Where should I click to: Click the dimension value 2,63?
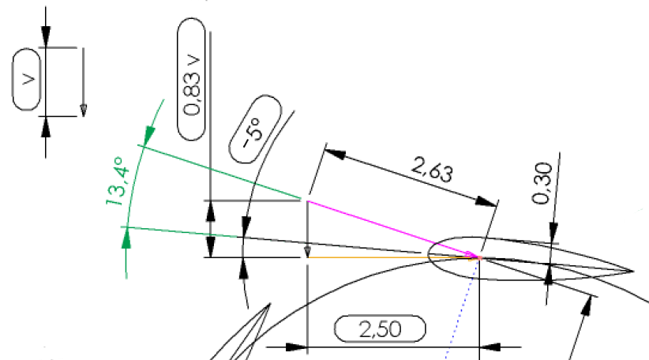[x=432, y=170]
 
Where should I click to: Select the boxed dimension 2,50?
[x=380, y=329]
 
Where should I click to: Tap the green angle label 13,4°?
[x=117, y=181]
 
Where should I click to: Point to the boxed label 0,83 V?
[x=192, y=79]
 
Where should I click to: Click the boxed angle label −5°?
[x=255, y=129]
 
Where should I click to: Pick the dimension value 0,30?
[x=542, y=183]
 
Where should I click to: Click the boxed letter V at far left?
[x=27, y=79]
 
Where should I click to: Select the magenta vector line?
[x=392, y=229]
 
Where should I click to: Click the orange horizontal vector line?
[x=392, y=258]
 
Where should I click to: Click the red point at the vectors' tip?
[x=480, y=258]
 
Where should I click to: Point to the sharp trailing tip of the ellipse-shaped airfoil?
[x=634, y=272]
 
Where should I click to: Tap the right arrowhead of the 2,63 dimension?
[x=486, y=201]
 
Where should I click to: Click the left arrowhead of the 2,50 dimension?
[x=297, y=347]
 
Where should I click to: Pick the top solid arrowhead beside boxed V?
[x=46, y=37]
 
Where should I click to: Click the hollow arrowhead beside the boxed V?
[x=83, y=111]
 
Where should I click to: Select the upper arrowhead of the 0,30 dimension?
[x=553, y=233]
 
